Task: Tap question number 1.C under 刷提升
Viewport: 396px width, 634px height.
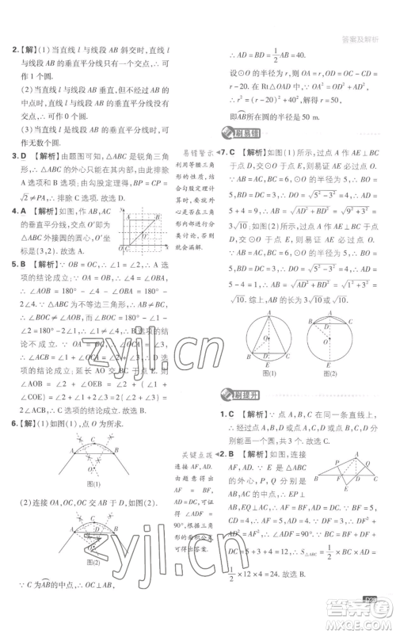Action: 226,415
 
